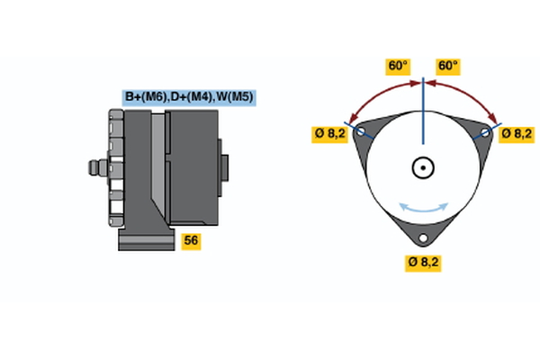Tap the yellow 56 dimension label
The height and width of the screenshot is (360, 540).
point(191,240)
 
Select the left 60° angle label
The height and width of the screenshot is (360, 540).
point(397,66)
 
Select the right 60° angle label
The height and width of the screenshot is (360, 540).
point(448,66)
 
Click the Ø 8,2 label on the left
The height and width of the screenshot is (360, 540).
point(329,133)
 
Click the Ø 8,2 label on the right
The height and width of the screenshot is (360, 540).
point(517,133)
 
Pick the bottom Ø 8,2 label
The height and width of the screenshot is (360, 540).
point(423,263)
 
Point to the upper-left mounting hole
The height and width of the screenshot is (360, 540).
point(362,132)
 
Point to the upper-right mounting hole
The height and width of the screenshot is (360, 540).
point(485,132)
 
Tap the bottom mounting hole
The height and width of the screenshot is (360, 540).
point(423,239)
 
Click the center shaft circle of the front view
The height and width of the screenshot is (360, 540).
point(423,167)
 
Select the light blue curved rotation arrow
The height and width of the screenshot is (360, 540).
point(423,209)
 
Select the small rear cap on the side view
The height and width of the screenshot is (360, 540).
point(224,169)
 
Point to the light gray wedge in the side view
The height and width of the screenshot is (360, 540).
point(158,166)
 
